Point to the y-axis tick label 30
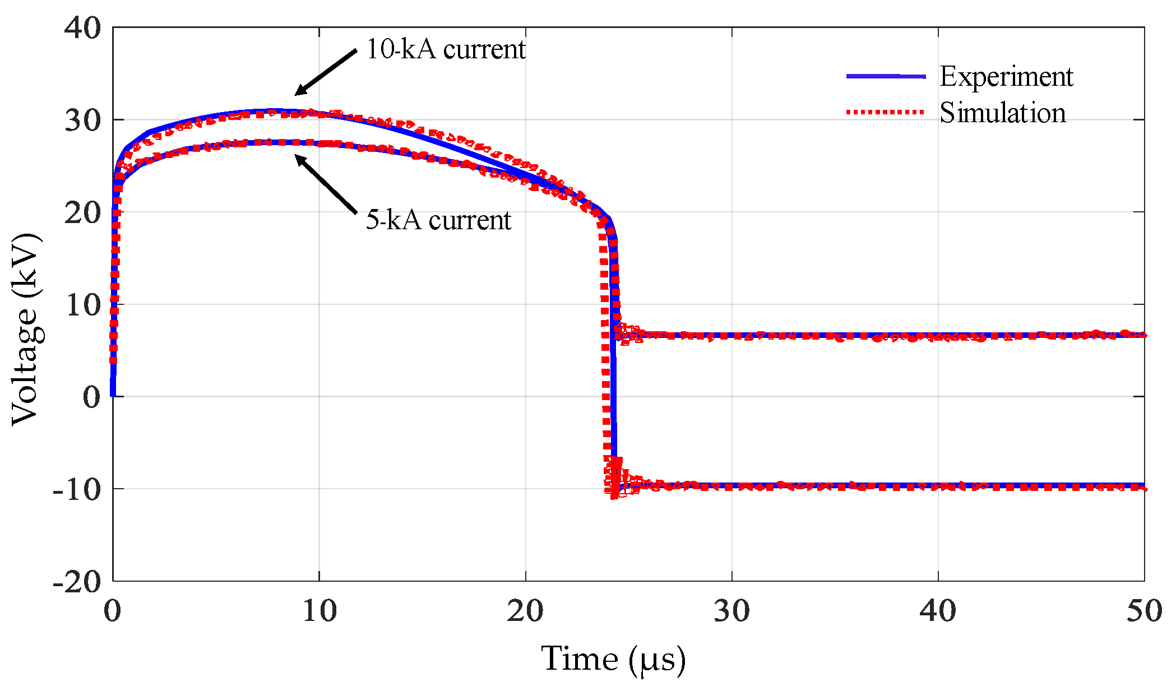[82, 120]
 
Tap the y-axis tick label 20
[82, 212]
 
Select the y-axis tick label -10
[77, 489]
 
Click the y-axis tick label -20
[77, 582]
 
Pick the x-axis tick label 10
[319, 611]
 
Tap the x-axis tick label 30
[731, 611]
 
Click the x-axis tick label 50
[1144, 611]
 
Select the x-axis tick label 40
[938, 611]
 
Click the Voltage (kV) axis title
[26, 330]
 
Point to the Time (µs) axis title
[613, 658]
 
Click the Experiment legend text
[1006, 76]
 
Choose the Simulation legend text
[1002, 113]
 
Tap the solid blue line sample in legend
[885, 76]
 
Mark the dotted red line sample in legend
[885, 112]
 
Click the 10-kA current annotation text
[446, 49]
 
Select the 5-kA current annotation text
[438, 220]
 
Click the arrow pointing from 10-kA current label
[326, 72]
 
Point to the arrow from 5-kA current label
[326, 184]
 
